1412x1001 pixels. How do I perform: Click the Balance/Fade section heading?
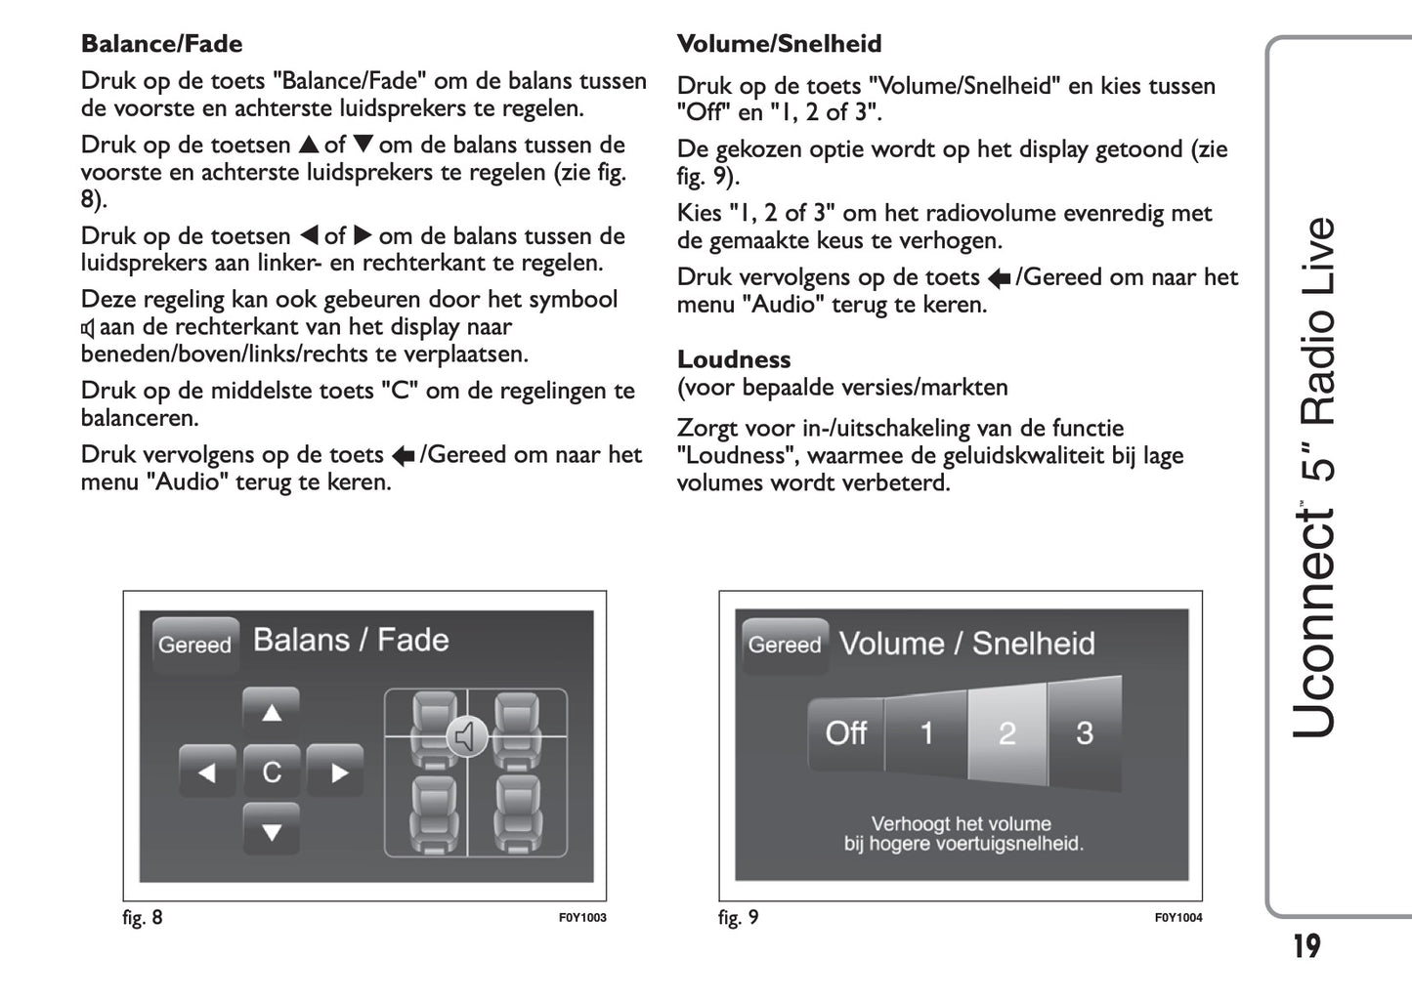[x=161, y=44]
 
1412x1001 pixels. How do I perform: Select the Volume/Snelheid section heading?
[x=779, y=44]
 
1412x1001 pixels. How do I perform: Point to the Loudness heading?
[x=733, y=359]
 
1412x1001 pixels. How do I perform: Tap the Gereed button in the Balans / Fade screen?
[x=195, y=645]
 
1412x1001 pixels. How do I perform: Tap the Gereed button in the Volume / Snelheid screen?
[x=785, y=645]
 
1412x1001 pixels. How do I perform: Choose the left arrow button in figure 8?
[x=207, y=772]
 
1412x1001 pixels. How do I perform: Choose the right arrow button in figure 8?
[x=337, y=772]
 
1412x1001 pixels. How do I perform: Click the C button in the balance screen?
[x=272, y=772]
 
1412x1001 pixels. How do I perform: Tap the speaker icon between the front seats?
[x=467, y=735]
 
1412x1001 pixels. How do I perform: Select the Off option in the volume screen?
[x=845, y=733]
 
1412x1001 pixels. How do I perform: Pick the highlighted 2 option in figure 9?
[x=1007, y=733]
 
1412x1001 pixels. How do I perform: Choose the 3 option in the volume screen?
[x=1085, y=733]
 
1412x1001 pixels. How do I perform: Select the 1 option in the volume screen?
[x=926, y=733]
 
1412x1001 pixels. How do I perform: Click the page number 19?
[x=1306, y=946]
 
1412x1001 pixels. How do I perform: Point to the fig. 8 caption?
[x=143, y=918]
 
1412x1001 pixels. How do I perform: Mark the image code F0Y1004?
[x=1178, y=918]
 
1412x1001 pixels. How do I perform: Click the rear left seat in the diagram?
[x=433, y=814]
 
